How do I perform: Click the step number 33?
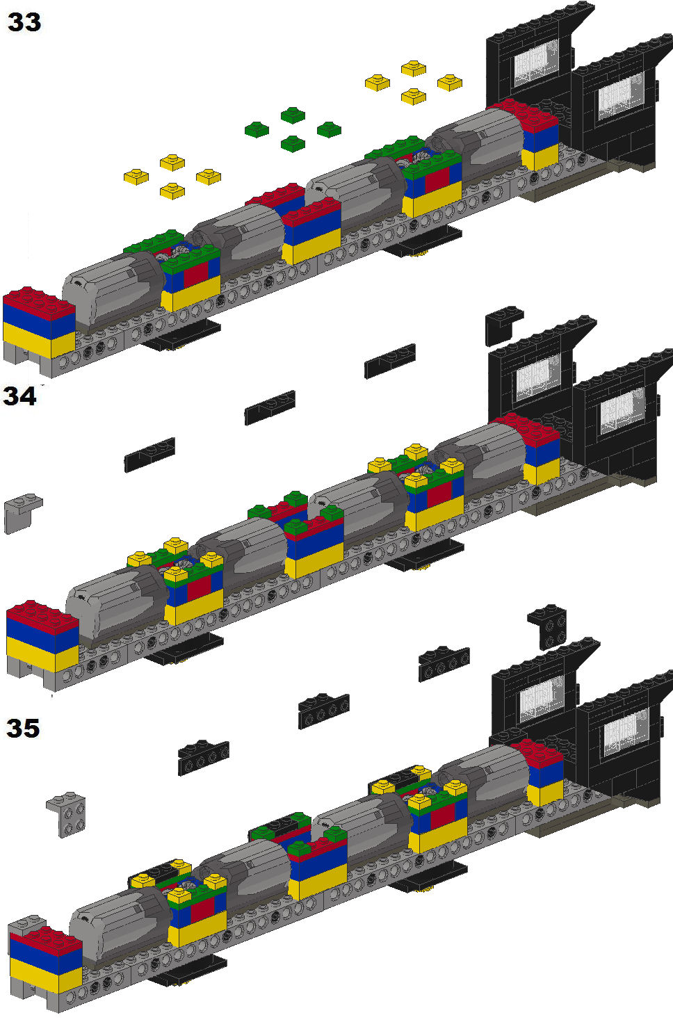coord(24,22)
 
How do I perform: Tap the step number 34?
coord(19,396)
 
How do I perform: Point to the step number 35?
coord(23,728)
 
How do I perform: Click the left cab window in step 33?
coord(537,63)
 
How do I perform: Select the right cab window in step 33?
coord(622,97)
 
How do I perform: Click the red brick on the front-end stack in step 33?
coord(39,300)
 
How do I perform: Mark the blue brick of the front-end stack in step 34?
coord(42,633)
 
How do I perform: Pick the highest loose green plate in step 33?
coord(293,115)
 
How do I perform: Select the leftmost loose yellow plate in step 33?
coord(136,177)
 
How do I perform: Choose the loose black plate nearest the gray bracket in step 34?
coord(149,455)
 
